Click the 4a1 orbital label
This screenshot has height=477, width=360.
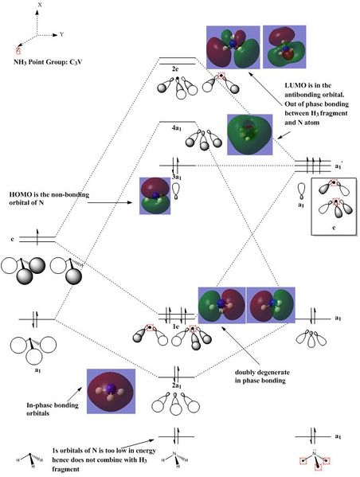177,128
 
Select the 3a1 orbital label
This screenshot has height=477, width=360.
177,177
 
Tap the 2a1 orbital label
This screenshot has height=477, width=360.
177,385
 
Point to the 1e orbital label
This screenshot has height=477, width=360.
176,326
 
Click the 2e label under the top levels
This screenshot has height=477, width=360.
175,69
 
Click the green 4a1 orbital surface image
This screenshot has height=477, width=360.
250,135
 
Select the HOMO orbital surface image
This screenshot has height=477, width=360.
155,196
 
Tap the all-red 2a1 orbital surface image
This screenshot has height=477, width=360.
111,391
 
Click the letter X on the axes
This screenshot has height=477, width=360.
40,5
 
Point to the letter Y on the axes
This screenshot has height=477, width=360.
62,35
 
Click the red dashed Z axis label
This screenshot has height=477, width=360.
19,50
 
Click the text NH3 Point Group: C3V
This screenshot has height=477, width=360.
48,62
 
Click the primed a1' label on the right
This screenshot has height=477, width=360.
338,166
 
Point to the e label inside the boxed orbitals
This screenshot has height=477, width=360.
334,227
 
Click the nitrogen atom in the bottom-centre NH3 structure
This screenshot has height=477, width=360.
174,454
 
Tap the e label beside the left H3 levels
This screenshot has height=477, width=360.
13,239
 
